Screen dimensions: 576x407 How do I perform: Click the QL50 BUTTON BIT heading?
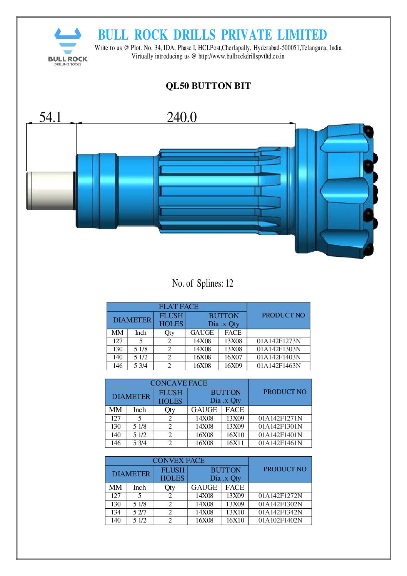(x=208, y=86)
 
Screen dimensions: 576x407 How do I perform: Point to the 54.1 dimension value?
(x=50, y=117)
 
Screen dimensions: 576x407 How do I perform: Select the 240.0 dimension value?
(x=182, y=117)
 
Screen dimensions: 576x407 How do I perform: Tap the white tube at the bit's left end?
(x=50, y=190)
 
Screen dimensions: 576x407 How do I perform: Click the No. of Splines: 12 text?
(x=202, y=284)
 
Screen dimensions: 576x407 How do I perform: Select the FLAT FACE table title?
(x=178, y=307)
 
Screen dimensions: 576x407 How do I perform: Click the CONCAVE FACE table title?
(x=178, y=383)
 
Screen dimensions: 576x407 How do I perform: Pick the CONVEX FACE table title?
(x=178, y=461)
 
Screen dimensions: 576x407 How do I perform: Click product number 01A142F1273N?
(x=279, y=341)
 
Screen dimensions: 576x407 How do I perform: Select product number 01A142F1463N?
(x=279, y=366)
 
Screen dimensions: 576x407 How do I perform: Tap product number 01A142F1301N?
(x=280, y=426)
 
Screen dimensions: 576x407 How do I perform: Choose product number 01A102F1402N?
(x=280, y=520)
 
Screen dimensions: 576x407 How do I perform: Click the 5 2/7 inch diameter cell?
(x=140, y=512)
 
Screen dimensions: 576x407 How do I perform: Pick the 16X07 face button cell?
(x=233, y=357)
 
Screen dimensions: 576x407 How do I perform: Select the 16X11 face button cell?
(x=235, y=443)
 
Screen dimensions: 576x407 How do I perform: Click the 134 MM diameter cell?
(x=116, y=512)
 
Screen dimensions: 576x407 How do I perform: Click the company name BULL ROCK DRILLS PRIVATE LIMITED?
(x=212, y=35)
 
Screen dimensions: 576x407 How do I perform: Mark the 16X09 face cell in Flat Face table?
(x=233, y=366)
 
